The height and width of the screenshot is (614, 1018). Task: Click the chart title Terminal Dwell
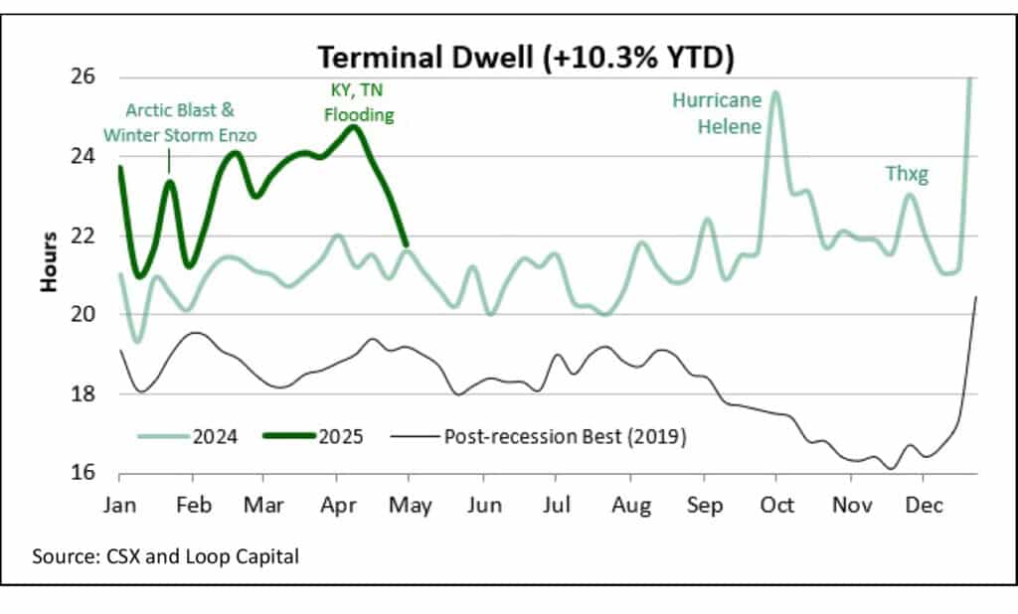[524, 57]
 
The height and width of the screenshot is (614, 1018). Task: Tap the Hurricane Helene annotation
[717, 112]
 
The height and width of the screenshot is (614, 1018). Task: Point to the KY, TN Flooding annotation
[356, 101]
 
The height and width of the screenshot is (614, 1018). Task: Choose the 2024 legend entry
[192, 435]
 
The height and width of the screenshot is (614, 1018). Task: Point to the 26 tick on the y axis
[84, 77]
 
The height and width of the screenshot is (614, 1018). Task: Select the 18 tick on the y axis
[84, 393]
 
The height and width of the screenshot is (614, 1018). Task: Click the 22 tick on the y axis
[84, 235]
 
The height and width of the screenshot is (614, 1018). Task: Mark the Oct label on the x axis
[777, 506]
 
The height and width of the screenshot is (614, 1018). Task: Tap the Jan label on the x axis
[118, 506]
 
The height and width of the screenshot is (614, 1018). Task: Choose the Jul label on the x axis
[557, 506]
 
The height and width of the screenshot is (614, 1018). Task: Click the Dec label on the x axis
[924, 506]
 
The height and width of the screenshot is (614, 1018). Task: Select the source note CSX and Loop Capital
[165, 556]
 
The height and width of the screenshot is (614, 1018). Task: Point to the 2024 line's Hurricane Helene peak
[775, 92]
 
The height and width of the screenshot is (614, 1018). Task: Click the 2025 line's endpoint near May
[406, 243]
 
